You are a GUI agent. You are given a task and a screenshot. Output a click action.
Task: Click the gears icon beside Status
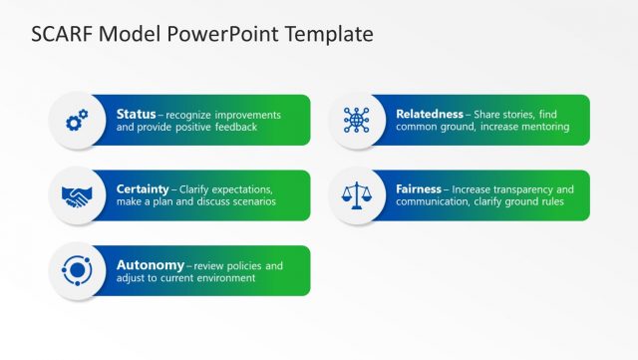[77, 122]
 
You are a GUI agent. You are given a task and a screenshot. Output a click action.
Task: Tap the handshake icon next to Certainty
[77, 196]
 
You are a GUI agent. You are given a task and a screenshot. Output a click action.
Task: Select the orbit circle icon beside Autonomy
[77, 270]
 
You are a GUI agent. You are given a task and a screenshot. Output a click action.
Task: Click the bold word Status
[136, 114]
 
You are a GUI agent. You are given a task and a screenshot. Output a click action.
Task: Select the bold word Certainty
[143, 188]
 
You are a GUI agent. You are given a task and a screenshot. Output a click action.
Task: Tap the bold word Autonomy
[150, 265]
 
